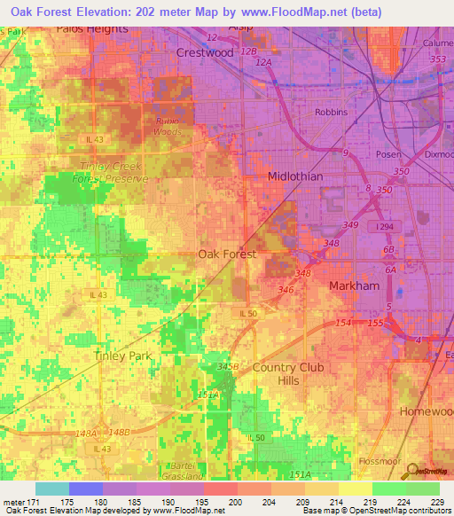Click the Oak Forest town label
(x=227, y=254)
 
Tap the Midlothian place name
(x=295, y=176)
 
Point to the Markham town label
(x=355, y=285)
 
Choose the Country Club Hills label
(x=288, y=374)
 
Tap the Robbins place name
(x=332, y=113)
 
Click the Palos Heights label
(x=92, y=27)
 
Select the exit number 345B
(x=229, y=365)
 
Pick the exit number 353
(x=437, y=59)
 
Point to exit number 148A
(x=86, y=433)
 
